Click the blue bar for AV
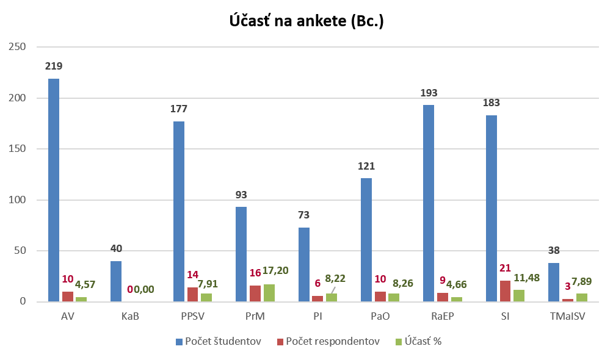[54, 190]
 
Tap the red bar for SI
[505, 291]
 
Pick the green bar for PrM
[269, 293]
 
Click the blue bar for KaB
[116, 281]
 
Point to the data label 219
[54, 66]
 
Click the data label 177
[179, 109]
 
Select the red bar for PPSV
[192, 295]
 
